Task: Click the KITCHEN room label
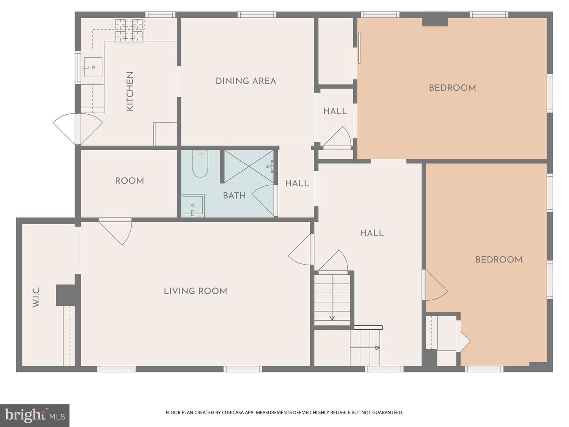click(130, 91)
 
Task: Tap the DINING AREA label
click(246, 81)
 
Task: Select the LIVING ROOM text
click(196, 291)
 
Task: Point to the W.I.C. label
click(36, 297)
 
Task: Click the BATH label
click(234, 196)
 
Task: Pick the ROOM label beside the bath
click(129, 181)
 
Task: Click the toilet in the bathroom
click(200, 164)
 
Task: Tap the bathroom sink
click(192, 206)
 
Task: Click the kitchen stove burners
click(129, 30)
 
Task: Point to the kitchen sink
click(93, 67)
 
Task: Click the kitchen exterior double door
click(78, 129)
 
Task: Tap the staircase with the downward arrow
click(332, 299)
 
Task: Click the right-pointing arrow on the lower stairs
click(365, 348)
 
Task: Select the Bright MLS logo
click(35, 415)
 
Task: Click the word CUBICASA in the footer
click(232, 412)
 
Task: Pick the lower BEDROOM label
click(499, 260)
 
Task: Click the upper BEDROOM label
click(452, 88)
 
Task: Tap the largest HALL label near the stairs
click(372, 233)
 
